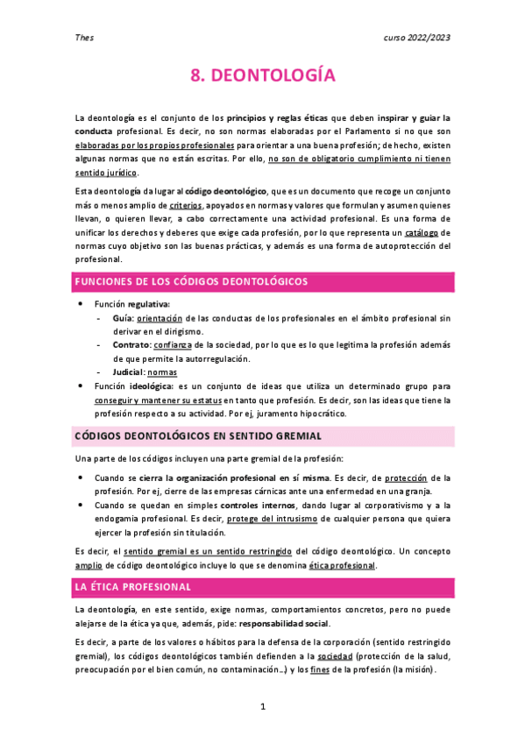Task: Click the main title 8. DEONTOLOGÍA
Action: click(x=262, y=76)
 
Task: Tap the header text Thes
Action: click(x=83, y=38)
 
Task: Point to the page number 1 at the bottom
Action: click(x=262, y=706)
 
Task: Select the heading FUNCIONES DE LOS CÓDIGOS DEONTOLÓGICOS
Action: click(x=191, y=281)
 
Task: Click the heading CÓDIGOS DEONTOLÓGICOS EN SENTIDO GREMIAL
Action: click(x=199, y=435)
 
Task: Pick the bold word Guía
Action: click(x=111, y=319)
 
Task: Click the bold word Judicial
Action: click(x=119, y=371)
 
